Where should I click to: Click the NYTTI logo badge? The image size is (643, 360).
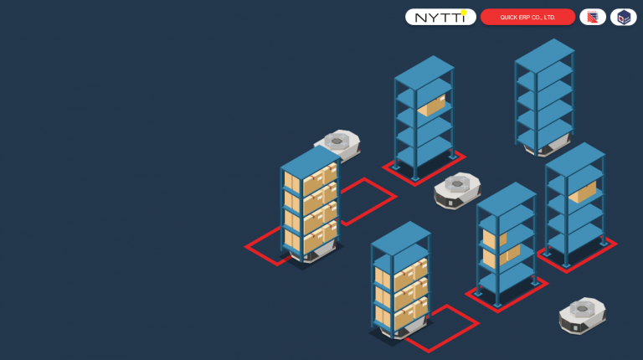tap(440, 18)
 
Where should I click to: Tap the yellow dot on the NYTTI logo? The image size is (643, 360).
tap(464, 13)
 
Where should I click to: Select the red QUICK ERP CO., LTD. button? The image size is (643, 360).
tap(527, 18)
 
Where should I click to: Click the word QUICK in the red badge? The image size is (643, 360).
tap(508, 18)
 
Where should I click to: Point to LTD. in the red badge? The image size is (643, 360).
tap(549, 18)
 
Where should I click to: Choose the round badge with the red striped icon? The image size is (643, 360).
tap(593, 18)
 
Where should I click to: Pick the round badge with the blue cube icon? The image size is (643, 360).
tap(623, 18)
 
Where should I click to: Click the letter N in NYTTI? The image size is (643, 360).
tap(421, 18)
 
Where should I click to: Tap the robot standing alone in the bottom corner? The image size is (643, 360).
tap(583, 316)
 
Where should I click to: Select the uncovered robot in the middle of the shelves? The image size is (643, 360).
tap(457, 191)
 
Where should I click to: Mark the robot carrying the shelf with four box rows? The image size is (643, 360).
tap(311, 255)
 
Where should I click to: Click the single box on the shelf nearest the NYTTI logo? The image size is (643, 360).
tap(431, 106)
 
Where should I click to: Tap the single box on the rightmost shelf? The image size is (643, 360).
tap(583, 193)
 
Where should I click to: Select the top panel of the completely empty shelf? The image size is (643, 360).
tap(544, 56)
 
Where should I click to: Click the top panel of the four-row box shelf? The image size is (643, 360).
tap(311, 162)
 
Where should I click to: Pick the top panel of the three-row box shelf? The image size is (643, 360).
tap(401, 239)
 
